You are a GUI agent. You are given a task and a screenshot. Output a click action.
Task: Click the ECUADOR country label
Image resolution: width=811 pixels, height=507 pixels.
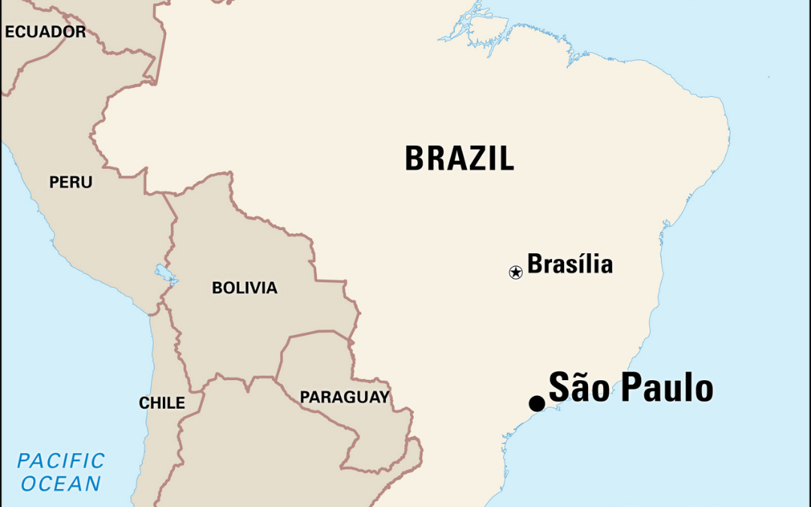tap(45, 32)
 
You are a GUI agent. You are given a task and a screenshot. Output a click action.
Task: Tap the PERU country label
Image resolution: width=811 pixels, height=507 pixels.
tap(71, 183)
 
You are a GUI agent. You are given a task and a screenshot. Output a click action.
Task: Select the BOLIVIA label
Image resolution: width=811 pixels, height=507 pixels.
tap(244, 288)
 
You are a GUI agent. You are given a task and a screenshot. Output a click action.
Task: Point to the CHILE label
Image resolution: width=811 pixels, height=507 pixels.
tap(161, 403)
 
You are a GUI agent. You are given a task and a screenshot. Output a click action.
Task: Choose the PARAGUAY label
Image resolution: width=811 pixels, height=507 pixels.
tap(345, 397)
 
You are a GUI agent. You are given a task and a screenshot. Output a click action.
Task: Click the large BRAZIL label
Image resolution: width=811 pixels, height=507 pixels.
tap(459, 158)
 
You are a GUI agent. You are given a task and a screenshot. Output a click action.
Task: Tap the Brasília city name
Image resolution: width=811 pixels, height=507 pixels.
tap(570, 264)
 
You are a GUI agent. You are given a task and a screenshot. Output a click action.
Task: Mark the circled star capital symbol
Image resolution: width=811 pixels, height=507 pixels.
tap(515, 272)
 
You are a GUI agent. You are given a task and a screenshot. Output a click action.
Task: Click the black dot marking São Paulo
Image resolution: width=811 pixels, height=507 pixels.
tap(537, 403)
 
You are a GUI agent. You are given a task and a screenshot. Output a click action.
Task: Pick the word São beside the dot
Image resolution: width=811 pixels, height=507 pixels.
tap(577, 388)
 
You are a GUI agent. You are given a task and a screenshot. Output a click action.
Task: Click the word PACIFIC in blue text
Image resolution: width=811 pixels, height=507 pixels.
tap(61, 460)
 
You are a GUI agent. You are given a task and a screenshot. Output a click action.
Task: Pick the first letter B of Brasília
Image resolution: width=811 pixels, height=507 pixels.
tap(535, 264)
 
